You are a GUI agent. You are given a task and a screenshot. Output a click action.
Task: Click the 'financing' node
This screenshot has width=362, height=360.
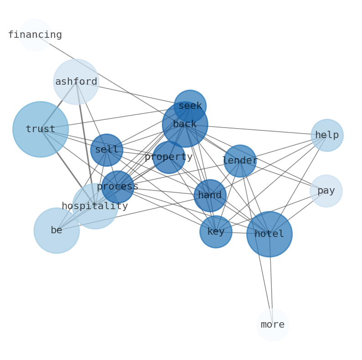click(35, 35)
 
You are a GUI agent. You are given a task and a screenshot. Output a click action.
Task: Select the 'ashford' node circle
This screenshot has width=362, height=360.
click(76, 82)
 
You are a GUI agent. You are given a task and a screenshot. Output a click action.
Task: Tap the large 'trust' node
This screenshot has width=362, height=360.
click(41, 129)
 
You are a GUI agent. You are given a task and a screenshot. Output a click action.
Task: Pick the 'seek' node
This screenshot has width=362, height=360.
click(190, 106)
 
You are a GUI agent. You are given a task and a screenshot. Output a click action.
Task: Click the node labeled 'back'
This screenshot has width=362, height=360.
click(185, 124)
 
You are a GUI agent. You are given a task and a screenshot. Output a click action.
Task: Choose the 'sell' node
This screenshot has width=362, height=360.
click(107, 150)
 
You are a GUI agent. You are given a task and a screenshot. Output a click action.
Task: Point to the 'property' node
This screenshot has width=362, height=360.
click(169, 157)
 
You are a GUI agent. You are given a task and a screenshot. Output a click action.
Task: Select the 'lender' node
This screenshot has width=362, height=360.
click(240, 161)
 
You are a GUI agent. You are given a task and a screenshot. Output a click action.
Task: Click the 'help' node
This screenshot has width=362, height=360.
click(327, 135)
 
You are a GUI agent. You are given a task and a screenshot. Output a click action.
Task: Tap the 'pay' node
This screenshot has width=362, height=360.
click(326, 191)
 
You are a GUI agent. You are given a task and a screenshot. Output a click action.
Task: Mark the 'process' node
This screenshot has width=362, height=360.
click(118, 187)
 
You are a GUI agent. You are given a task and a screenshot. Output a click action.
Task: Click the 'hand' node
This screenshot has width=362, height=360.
click(210, 195)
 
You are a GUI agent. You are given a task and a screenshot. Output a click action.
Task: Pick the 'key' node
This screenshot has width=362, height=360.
click(216, 232)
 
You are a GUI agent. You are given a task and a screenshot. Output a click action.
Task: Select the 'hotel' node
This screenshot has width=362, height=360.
click(269, 234)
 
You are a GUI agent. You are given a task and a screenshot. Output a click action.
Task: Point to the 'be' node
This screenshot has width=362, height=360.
click(57, 231)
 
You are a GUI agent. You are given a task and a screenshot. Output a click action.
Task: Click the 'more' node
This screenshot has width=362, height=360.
click(273, 325)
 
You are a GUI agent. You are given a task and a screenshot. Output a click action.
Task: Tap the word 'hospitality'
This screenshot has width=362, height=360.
click(95, 206)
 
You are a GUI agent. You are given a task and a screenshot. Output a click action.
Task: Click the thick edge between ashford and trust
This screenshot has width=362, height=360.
click(58, 106)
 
